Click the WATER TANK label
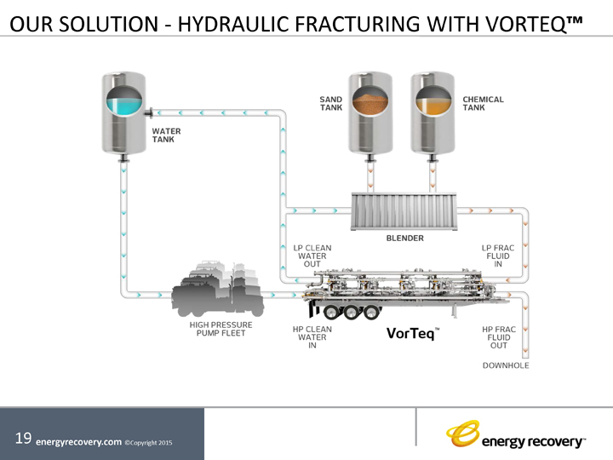(x=166, y=135)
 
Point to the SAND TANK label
(x=331, y=104)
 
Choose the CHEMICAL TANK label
(x=483, y=104)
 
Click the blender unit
(x=404, y=210)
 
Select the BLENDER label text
(x=404, y=239)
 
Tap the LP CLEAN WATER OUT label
(x=312, y=256)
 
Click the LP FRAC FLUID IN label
(x=498, y=256)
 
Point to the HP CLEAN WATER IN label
(x=312, y=336)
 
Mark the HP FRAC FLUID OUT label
(x=498, y=336)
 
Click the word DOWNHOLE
(x=506, y=365)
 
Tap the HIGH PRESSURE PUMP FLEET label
(x=217, y=329)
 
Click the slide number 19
(x=24, y=439)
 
